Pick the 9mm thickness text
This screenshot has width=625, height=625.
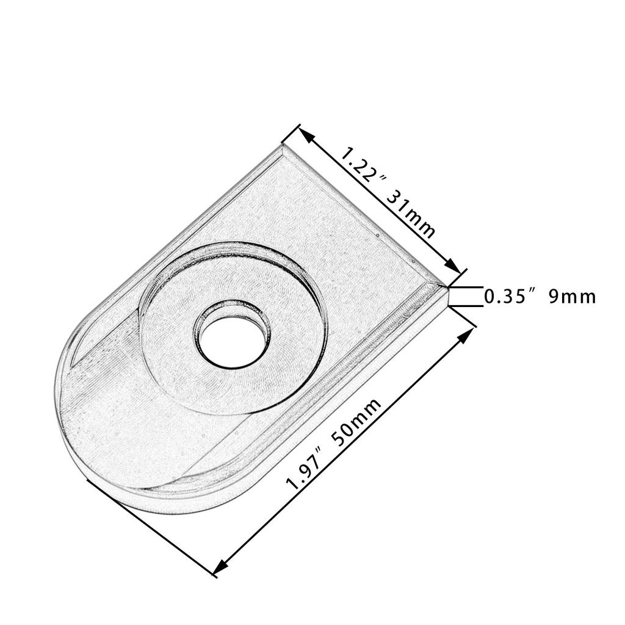[x=572, y=297]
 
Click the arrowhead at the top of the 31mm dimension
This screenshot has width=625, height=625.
[x=306, y=135]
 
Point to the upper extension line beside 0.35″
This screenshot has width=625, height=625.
[x=467, y=286]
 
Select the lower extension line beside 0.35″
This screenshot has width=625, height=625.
[x=467, y=306]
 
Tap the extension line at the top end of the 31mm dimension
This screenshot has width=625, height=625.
[x=292, y=135]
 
